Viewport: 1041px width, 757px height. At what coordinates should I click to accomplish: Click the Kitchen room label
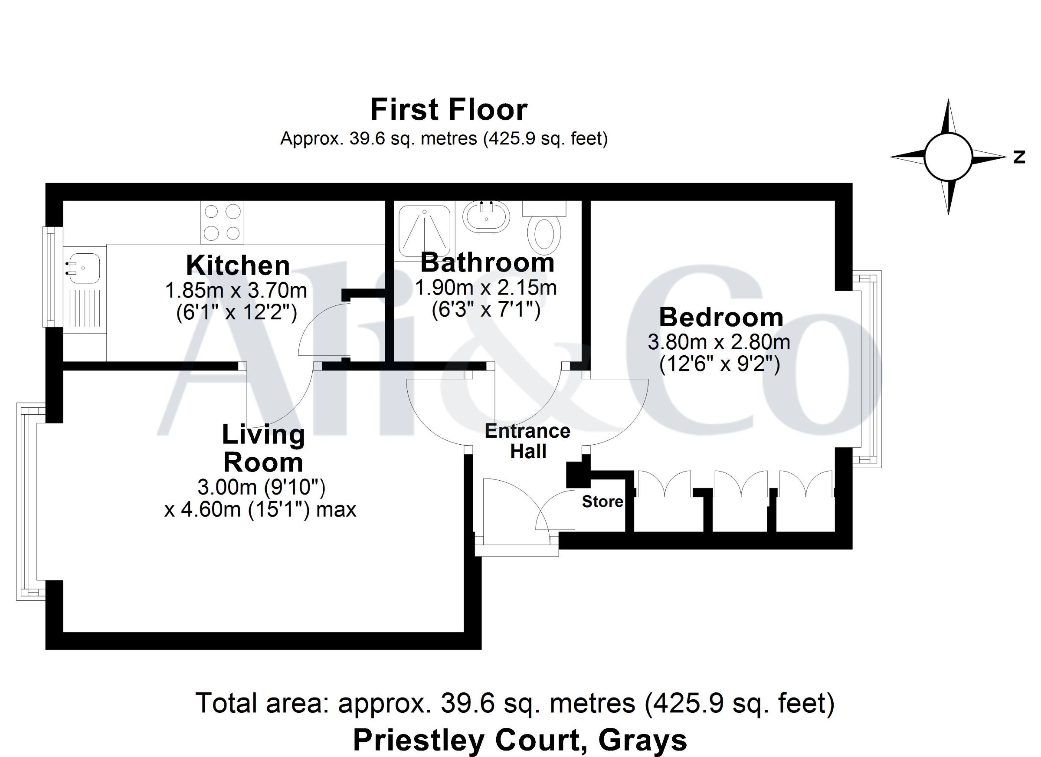pyautogui.click(x=238, y=265)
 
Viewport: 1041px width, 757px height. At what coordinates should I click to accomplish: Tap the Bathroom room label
pyautogui.click(x=487, y=262)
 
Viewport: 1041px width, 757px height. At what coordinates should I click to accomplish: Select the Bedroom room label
pyautogui.click(x=721, y=317)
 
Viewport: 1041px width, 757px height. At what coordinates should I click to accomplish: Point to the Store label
pyautogui.click(x=602, y=502)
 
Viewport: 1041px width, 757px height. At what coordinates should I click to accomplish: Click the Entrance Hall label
pyautogui.click(x=527, y=441)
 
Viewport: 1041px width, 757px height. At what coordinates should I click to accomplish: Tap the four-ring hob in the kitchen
pyautogui.click(x=222, y=223)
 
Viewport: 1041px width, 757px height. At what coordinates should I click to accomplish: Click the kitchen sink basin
pyautogui.click(x=82, y=268)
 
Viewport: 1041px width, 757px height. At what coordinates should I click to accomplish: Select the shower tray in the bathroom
pyautogui.click(x=425, y=231)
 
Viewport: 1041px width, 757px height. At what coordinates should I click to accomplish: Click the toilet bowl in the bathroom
pyautogui.click(x=544, y=235)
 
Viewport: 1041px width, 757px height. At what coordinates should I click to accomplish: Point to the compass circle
pyautogui.click(x=948, y=157)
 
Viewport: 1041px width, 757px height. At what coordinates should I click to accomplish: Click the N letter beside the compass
pyautogui.click(x=1019, y=157)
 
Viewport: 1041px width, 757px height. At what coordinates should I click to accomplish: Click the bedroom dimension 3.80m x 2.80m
pyautogui.click(x=719, y=342)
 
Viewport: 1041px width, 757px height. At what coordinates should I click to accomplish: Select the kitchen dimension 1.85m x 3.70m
pyautogui.click(x=236, y=290)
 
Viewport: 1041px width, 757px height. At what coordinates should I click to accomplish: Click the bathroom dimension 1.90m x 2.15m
pyautogui.click(x=486, y=288)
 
